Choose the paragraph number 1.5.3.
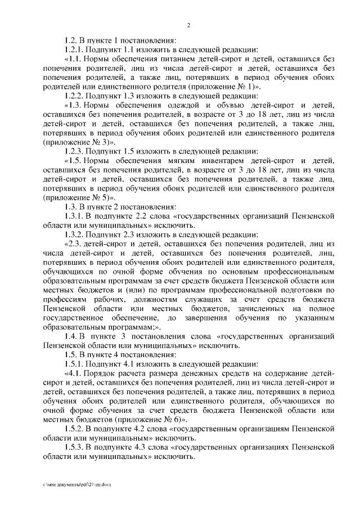[74, 447]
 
